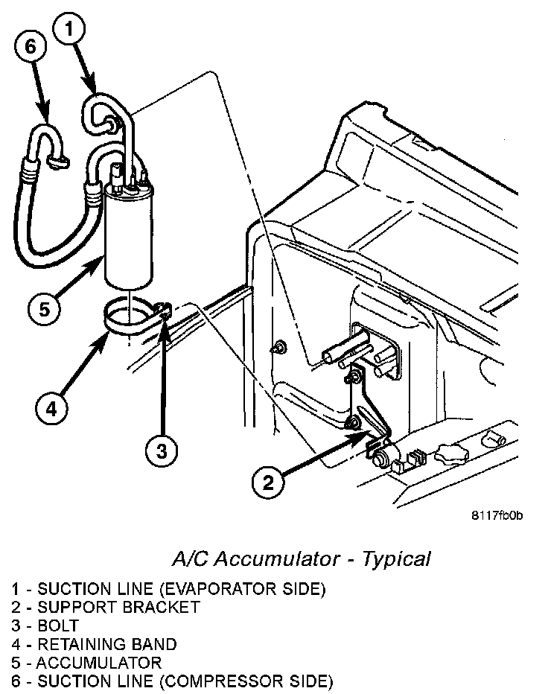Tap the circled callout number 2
point(269,482)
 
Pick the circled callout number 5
point(45,308)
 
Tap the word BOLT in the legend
point(58,625)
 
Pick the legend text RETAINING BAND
point(107,644)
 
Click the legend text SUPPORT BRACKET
point(118,607)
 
